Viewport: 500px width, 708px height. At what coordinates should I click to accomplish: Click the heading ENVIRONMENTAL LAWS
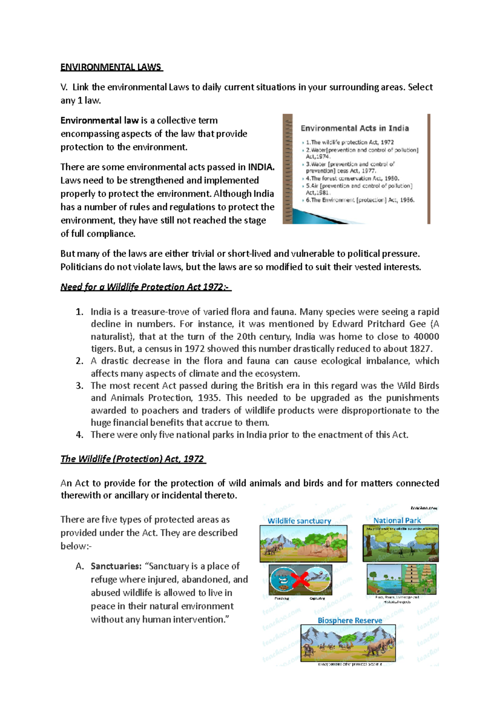(111, 67)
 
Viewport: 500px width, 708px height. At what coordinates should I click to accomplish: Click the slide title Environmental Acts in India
(355, 128)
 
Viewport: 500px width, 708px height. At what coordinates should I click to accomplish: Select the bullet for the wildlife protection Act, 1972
(350, 142)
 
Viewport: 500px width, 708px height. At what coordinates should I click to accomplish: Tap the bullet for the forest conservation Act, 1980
(352, 178)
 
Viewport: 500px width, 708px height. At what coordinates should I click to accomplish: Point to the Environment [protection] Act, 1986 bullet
(360, 200)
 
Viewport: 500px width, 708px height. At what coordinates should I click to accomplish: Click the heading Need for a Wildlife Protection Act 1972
(145, 287)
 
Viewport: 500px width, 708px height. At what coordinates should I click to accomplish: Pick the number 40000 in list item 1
(426, 336)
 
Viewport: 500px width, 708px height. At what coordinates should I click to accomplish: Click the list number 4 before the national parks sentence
(80, 435)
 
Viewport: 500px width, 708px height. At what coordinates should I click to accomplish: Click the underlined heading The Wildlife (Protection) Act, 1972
(132, 459)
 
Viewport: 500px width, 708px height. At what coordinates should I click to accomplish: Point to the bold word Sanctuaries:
(116, 566)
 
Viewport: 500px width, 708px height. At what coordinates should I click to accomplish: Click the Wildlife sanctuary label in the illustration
(299, 521)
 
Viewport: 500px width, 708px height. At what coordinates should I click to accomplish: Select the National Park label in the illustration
(397, 520)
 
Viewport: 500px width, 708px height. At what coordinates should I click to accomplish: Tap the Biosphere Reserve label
(350, 620)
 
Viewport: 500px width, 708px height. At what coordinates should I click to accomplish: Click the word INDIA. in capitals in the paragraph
(261, 167)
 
